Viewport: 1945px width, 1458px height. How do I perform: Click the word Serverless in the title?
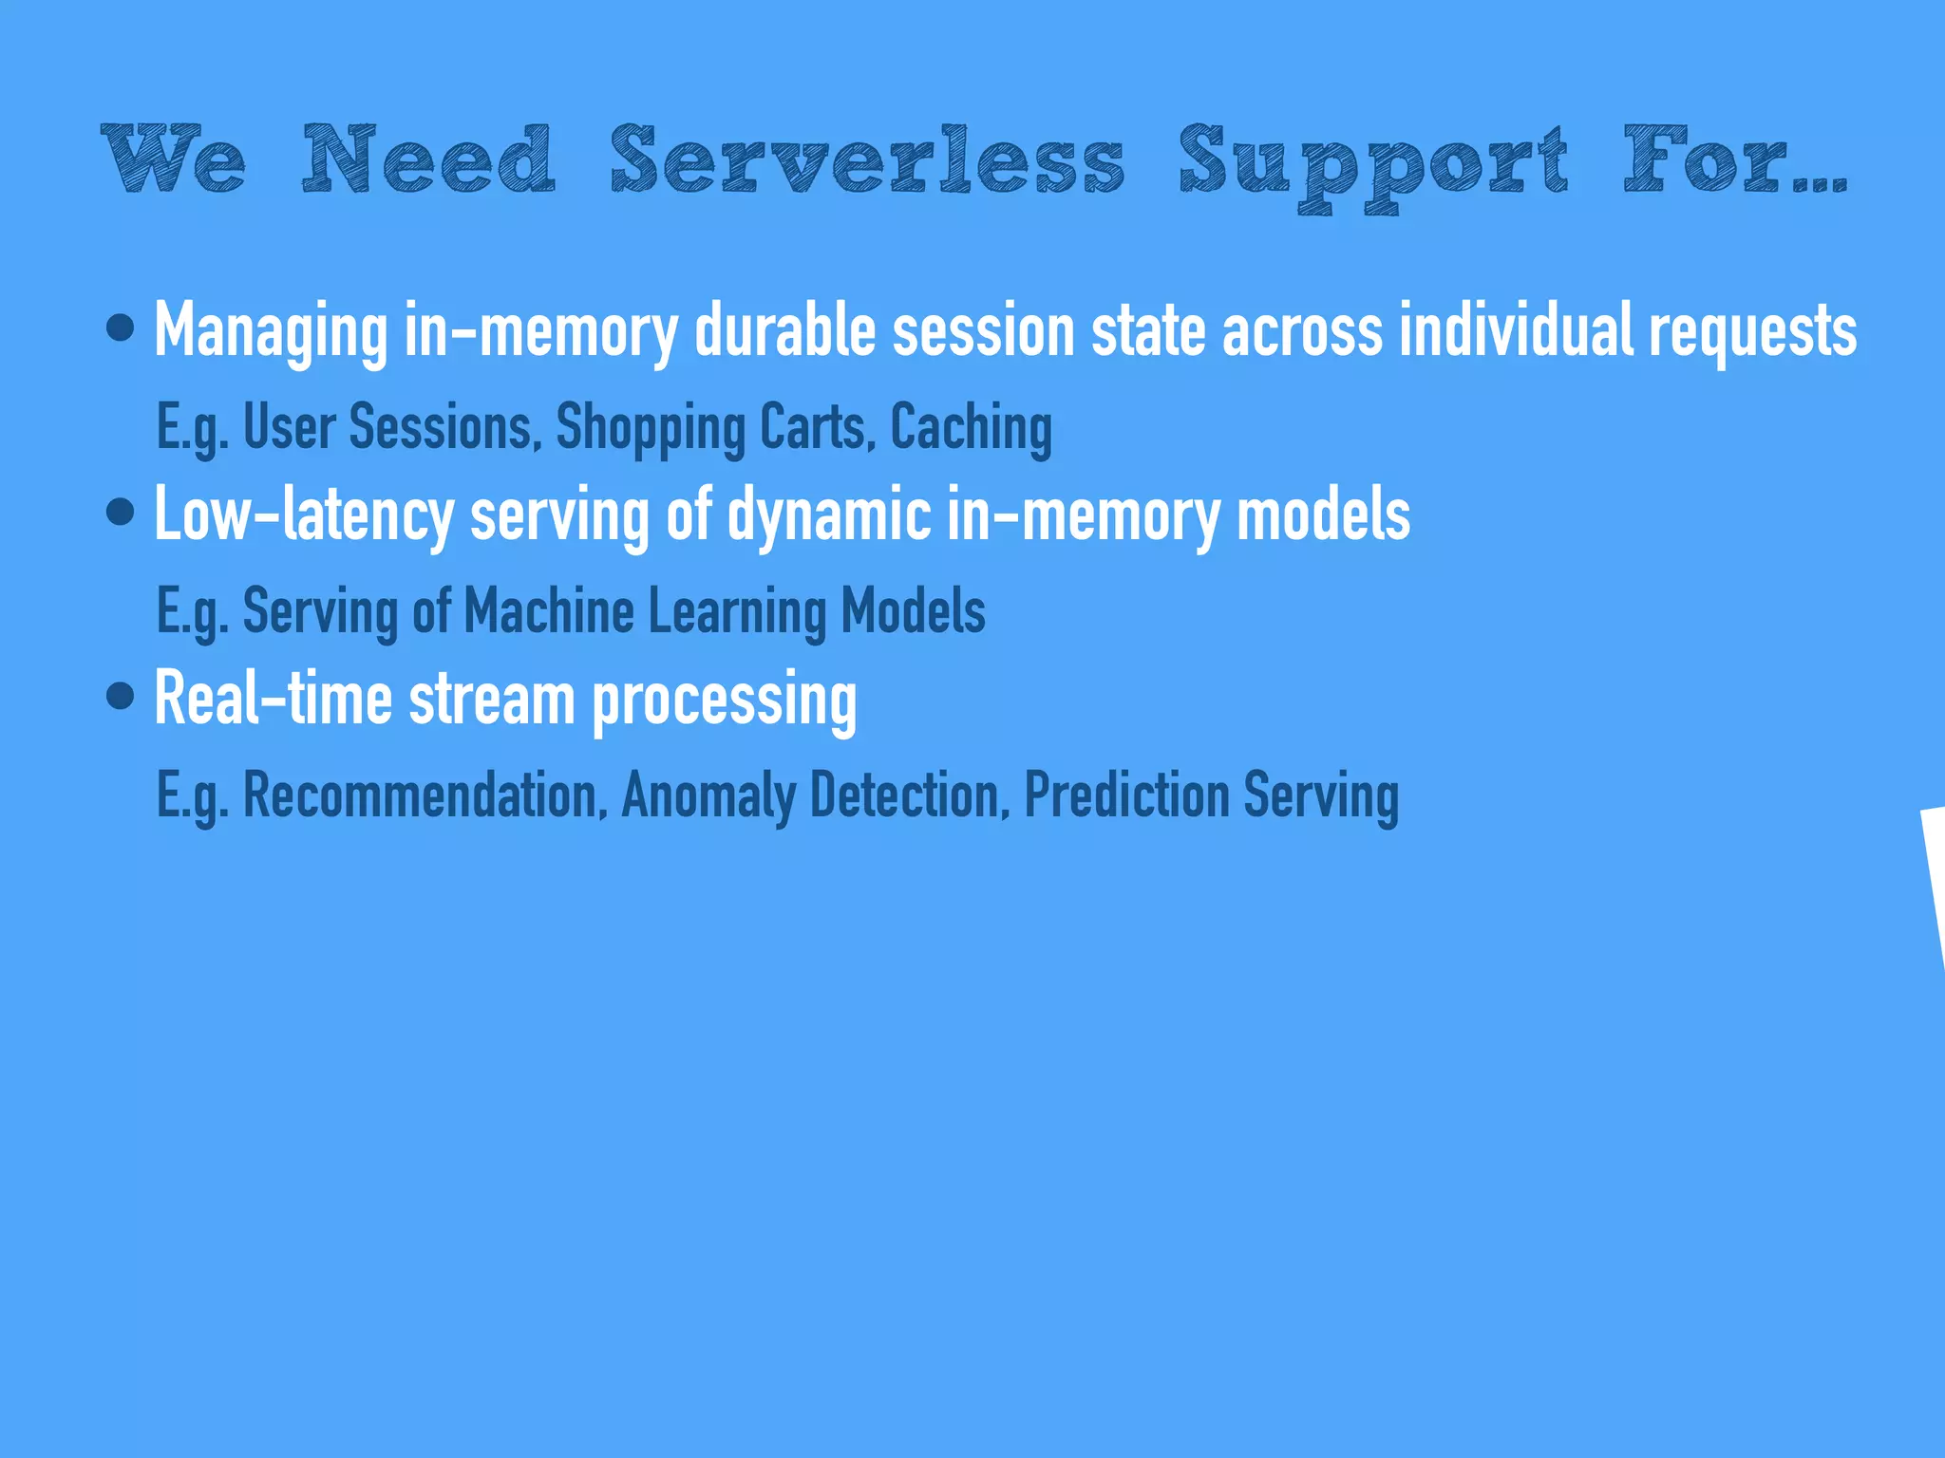(x=867, y=159)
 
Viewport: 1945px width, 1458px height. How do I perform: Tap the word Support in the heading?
(x=1373, y=163)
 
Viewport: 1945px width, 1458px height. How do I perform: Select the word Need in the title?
(x=428, y=159)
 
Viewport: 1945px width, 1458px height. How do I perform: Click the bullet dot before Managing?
(x=121, y=328)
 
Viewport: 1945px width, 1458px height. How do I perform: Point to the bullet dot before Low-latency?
(x=121, y=513)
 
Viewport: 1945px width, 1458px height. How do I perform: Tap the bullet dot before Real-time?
(x=121, y=697)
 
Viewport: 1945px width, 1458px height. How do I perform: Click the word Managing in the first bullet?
(x=271, y=330)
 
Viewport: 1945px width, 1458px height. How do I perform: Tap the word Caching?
(x=971, y=427)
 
